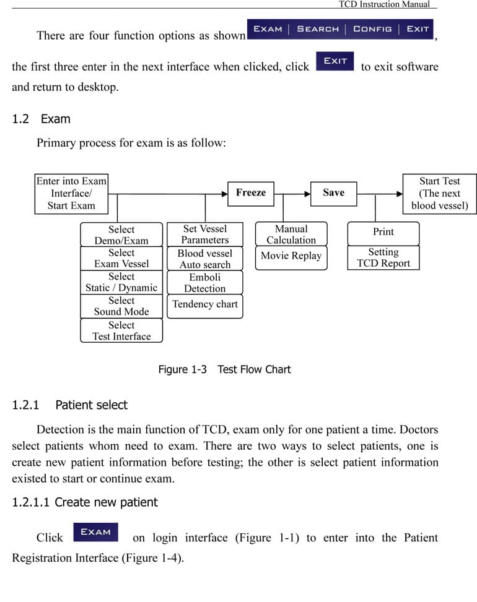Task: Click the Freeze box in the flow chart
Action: [251, 194]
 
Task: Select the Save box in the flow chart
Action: [334, 194]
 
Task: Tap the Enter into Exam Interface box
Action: [71, 194]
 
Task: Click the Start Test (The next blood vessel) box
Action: [439, 194]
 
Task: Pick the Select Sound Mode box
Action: [121, 306]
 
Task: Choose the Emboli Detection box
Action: [205, 283]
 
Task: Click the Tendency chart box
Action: [205, 306]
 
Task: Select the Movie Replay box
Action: [291, 257]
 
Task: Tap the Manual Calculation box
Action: [291, 234]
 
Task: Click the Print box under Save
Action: [383, 233]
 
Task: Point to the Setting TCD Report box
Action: [383, 257]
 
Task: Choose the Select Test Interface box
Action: [121, 330]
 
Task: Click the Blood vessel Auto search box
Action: [205, 259]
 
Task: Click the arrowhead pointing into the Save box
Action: [307, 194]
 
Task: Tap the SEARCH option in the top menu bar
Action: [318, 29]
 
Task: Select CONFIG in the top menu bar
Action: [372, 29]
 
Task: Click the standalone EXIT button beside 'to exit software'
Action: [335, 61]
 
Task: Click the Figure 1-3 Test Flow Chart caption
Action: [224, 369]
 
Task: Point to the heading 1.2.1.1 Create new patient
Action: [85, 502]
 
